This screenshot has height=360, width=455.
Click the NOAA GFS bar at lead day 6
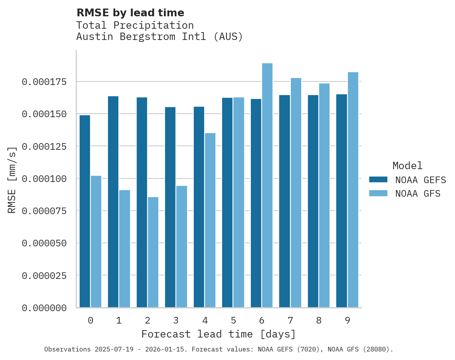tap(267, 185)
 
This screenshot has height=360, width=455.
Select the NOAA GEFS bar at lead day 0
tap(85, 211)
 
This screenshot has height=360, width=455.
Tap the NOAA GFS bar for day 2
tap(153, 252)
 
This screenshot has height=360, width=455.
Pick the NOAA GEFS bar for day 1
tap(113, 202)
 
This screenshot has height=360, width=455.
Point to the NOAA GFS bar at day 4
tap(210, 220)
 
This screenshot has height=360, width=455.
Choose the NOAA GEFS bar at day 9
tap(342, 201)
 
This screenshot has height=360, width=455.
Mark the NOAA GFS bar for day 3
tap(182, 247)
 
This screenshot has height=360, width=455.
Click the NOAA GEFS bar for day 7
tap(285, 201)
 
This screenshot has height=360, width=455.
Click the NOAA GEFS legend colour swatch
tap(378, 179)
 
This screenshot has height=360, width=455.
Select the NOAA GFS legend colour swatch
tap(378, 193)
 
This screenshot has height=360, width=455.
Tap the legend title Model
tap(407, 166)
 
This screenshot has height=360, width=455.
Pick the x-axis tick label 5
tap(233, 320)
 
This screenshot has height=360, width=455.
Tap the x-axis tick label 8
tap(319, 320)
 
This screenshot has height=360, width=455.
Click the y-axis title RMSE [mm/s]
tap(12, 180)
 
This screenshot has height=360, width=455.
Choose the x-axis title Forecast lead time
tap(219, 334)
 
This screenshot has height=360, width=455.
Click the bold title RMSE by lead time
tap(130, 13)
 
